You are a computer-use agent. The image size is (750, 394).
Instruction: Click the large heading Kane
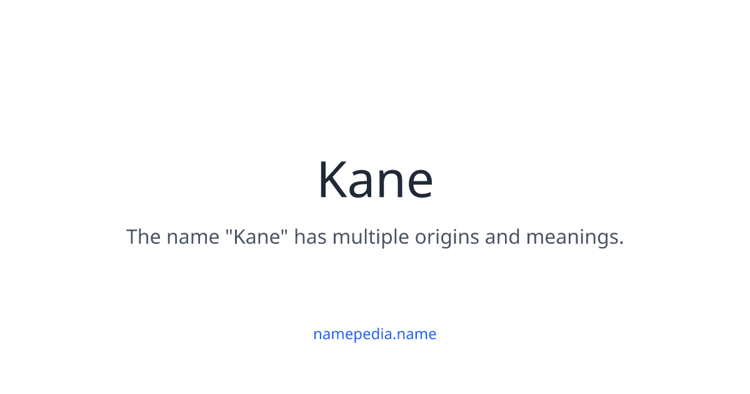coord(375,180)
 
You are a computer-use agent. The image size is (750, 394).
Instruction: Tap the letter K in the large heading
coord(331,180)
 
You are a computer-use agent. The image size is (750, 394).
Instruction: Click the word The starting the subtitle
coord(143,238)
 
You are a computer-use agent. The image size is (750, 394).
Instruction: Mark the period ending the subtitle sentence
coord(621,244)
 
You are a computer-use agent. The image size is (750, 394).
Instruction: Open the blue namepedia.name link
coord(375,334)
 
